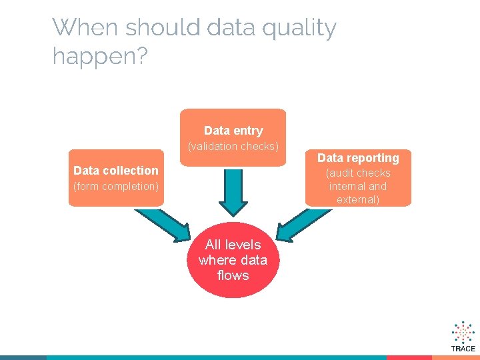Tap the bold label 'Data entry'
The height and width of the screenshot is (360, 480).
(233, 131)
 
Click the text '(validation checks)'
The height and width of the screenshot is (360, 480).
(233, 146)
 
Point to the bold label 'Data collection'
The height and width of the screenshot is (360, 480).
(116, 171)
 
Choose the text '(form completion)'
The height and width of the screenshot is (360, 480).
(116, 187)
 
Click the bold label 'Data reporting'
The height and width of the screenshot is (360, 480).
(358, 158)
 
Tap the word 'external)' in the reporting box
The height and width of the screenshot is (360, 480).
(358, 200)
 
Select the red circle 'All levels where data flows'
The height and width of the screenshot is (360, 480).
(233, 260)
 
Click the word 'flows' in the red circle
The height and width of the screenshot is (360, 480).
(233, 275)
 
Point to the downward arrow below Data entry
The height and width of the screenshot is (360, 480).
(233, 190)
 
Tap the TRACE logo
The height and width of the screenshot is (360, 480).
(463, 336)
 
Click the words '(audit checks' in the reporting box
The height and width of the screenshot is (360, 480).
(358, 173)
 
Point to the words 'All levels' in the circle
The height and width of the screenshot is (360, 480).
(233, 245)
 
